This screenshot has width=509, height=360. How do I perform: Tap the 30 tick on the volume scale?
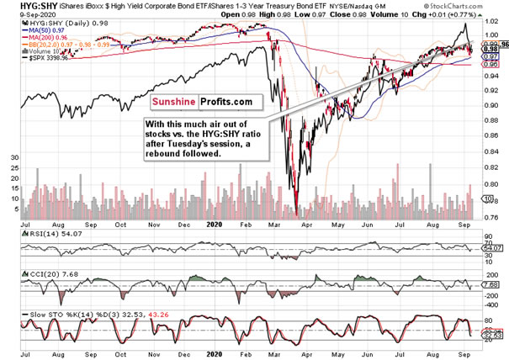point(13,157)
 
